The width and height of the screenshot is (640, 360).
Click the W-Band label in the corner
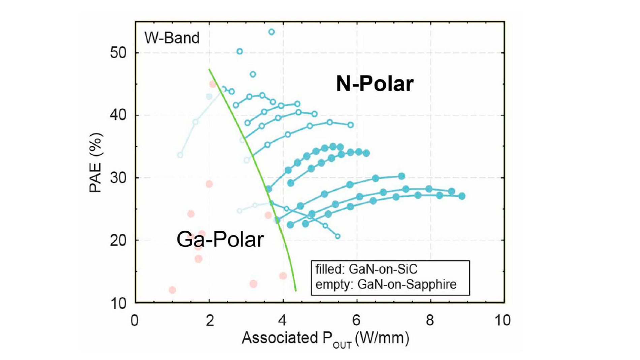tap(172, 38)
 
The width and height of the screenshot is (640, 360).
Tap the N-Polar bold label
tap(375, 84)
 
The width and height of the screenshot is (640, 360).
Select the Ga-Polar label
tap(220, 240)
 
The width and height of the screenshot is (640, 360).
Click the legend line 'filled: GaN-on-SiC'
tap(366, 269)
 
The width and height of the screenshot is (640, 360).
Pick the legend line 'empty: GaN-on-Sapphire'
tap(386, 285)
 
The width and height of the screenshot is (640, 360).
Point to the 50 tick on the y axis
tap(118, 53)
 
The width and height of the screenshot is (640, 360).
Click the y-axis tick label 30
tap(118, 178)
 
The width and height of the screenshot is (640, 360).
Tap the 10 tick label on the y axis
tap(118, 303)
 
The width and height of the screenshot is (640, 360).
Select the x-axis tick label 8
tap(430, 320)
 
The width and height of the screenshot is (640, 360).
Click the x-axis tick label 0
tap(135, 320)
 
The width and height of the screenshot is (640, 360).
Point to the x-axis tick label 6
tap(356, 320)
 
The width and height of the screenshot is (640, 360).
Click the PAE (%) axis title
tap(95, 163)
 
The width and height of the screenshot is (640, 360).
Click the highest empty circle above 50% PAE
tap(271, 32)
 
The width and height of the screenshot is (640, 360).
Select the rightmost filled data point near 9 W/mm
tap(462, 196)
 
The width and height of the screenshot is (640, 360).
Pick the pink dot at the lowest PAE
tap(172, 290)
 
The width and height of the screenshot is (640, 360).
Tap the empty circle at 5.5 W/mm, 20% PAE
tap(338, 236)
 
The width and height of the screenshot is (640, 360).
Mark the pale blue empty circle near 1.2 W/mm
tap(180, 155)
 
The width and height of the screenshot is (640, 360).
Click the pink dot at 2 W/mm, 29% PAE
tap(209, 184)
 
